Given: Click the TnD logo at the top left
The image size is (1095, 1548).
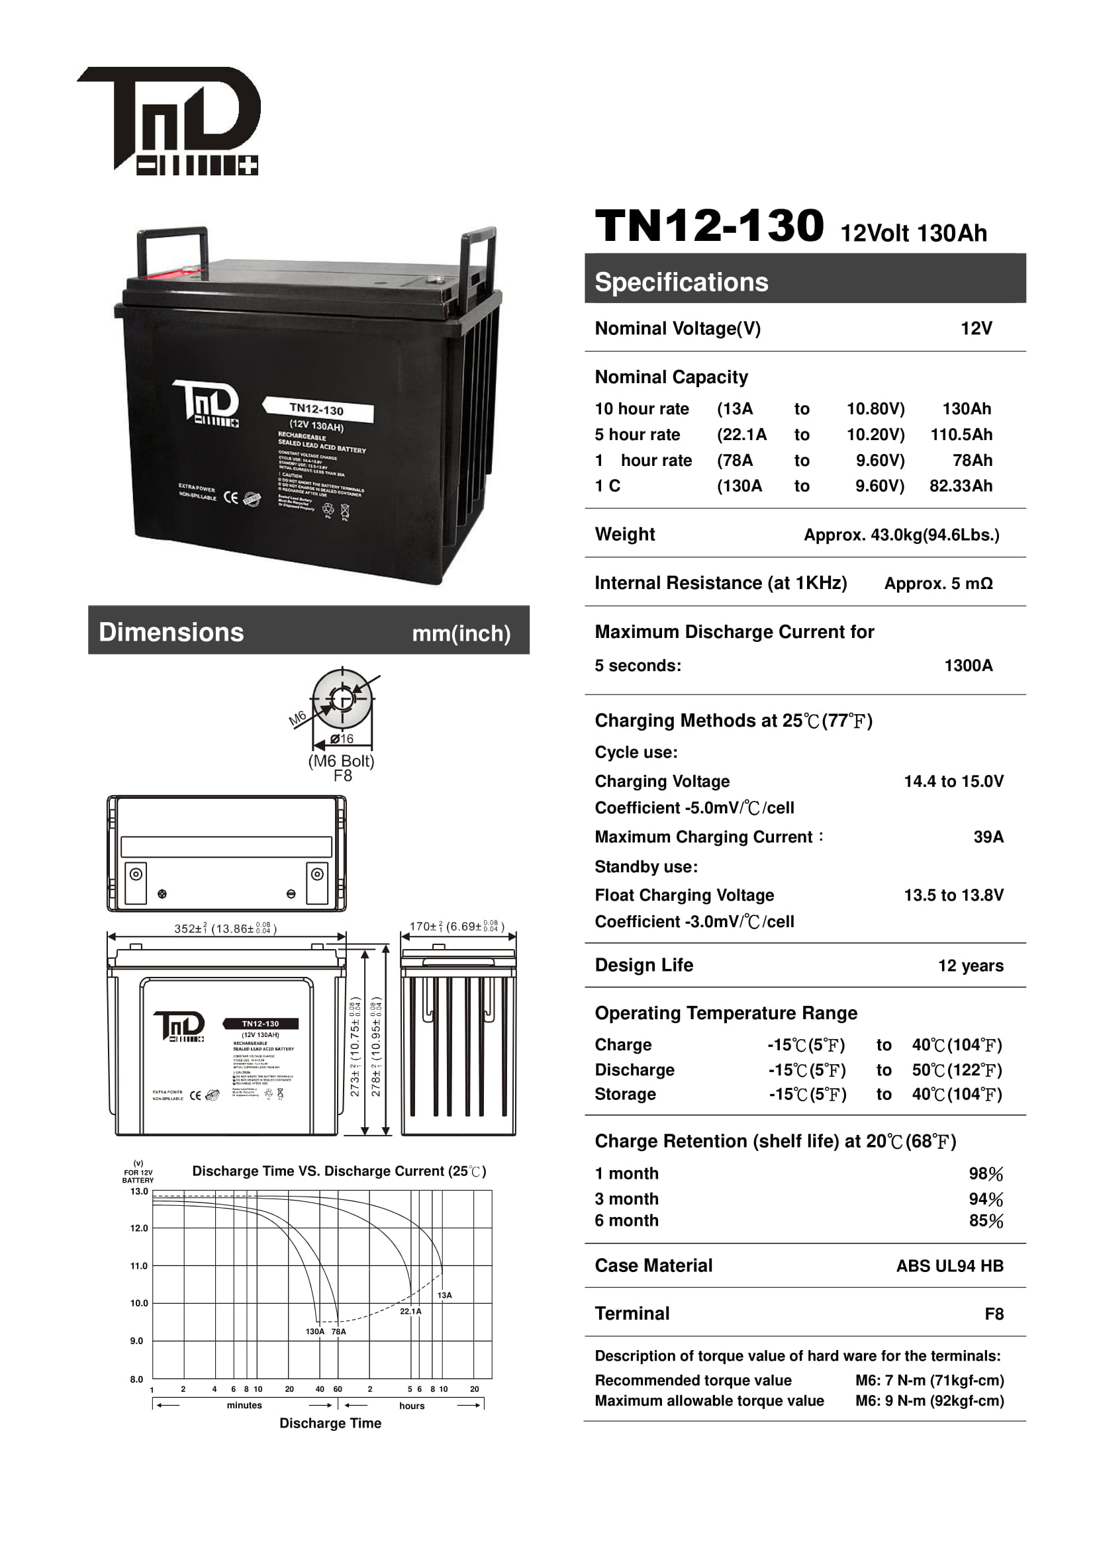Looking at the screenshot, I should click(169, 120).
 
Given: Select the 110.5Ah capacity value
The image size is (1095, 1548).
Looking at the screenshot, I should click(961, 434).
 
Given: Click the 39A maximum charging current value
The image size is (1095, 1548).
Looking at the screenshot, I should click(988, 837).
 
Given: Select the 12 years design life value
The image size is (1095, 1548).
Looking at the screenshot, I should click(971, 966).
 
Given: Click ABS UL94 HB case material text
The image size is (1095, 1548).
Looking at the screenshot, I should click(949, 1265).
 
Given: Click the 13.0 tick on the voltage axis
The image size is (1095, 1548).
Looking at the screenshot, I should click(139, 1191).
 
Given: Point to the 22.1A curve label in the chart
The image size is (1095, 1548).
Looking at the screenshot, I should click(410, 1311).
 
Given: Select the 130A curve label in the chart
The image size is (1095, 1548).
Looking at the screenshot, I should click(315, 1332).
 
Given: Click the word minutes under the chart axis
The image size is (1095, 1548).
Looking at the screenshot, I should click(244, 1405).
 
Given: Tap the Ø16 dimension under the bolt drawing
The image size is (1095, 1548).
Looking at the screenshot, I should click(342, 739).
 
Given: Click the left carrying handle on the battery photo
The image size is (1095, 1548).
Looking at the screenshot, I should click(171, 251).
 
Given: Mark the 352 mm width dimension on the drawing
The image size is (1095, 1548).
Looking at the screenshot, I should click(225, 929).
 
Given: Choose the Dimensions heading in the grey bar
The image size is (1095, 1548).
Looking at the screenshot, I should click(171, 633).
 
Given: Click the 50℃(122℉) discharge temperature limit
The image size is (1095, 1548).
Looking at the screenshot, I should click(957, 1070).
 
